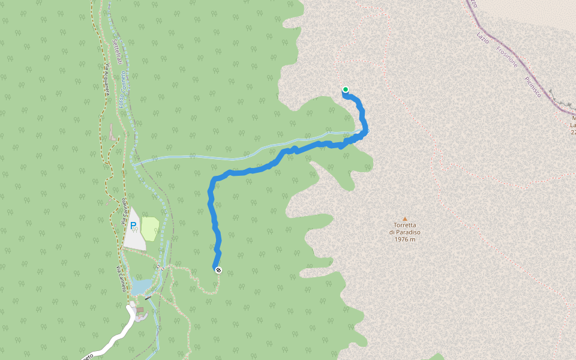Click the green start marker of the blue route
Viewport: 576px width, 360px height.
(x=346, y=90)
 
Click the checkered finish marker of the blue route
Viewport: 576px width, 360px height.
(x=218, y=270)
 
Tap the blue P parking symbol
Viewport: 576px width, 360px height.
(x=133, y=225)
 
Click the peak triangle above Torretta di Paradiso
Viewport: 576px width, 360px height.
(x=405, y=219)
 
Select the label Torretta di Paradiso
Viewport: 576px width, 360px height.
(x=405, y=229)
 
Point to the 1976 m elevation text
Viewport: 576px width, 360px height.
(x=405, y=239)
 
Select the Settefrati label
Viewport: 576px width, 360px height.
(x=117, y=50)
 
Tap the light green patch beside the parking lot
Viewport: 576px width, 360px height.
(x=150, y=229)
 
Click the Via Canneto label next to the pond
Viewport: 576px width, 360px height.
(x=121, y=278)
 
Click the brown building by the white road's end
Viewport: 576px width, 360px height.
(x=140, y=310)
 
